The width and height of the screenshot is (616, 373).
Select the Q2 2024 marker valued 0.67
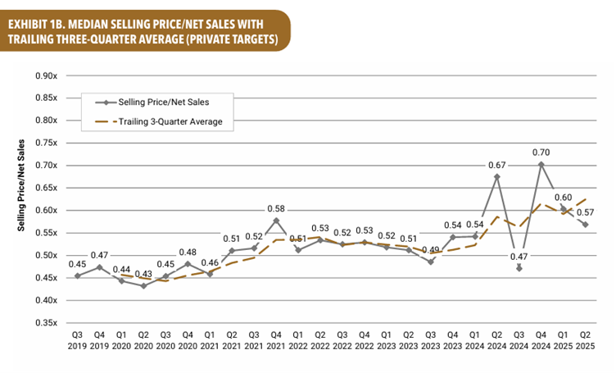496,176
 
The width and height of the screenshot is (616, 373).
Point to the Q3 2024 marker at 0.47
519,267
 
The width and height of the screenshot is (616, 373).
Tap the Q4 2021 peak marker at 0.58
276,221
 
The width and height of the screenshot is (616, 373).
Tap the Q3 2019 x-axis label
77,341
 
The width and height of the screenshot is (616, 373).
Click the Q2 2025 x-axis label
585,341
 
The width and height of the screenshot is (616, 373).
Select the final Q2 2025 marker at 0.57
585,225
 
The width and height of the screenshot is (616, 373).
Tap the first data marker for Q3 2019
77,276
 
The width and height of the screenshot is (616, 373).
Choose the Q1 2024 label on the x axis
475,341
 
